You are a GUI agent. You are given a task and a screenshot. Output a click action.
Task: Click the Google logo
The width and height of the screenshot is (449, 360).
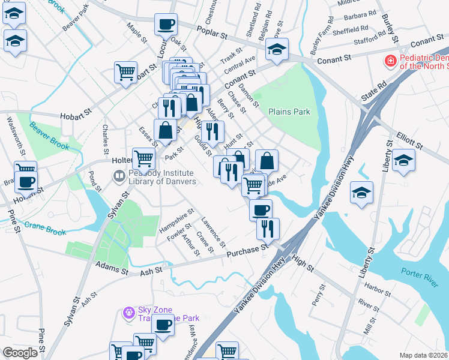(20, 353)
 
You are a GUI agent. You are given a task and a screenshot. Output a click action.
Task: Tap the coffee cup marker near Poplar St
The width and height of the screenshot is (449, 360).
(166, 25)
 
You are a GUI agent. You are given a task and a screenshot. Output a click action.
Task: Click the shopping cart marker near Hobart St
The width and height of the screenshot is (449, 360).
(126, 72)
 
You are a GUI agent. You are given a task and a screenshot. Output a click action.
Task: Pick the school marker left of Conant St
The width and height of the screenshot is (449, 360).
(277, 49)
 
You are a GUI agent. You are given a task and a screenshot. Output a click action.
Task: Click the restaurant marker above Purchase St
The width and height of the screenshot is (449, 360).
(268, 229)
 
